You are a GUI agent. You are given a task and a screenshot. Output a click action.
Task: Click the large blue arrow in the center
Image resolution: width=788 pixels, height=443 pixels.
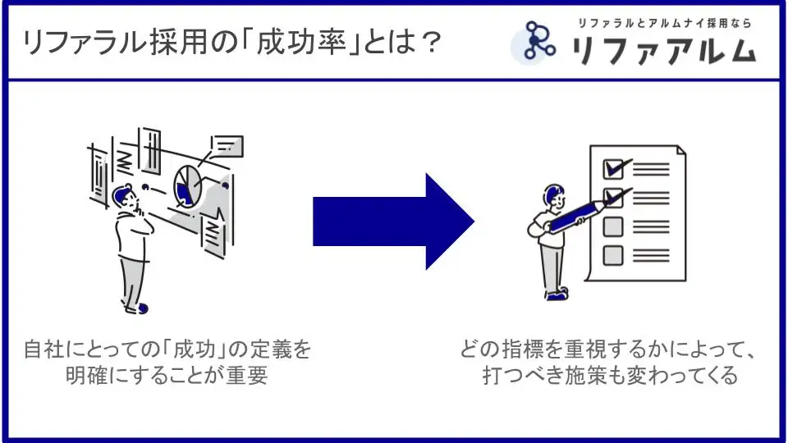393,221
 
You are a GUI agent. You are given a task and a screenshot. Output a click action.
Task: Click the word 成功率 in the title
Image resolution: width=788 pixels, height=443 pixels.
301,42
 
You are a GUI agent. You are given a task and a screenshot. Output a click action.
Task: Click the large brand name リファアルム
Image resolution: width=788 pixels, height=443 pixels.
664,50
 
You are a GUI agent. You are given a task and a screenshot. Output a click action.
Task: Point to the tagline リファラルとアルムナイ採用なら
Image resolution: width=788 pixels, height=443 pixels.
664,23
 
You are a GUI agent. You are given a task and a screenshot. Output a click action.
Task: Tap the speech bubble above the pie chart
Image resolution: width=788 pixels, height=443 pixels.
227,146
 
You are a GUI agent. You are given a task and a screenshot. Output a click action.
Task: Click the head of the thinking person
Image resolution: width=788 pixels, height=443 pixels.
124,196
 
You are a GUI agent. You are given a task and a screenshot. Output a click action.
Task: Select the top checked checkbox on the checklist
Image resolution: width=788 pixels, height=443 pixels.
613,169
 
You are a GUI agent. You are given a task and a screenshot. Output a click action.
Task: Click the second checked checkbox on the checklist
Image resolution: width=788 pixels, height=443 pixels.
612,198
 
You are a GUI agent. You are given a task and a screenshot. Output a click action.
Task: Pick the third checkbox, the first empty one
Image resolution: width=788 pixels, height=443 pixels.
612,226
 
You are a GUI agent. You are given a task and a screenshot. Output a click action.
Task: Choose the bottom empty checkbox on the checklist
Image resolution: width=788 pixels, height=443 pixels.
612,255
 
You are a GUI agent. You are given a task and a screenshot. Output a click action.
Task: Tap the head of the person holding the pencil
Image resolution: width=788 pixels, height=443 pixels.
554,195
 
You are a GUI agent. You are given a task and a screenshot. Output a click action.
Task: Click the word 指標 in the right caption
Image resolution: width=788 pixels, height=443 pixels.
521,349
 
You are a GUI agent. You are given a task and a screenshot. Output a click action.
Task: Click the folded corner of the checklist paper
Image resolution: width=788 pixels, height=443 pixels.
681,149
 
